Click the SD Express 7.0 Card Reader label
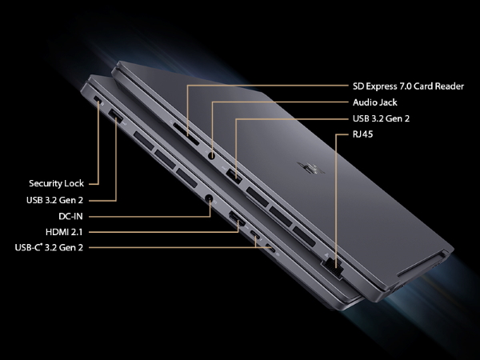[x=408, y=86]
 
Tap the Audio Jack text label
[x=374, y=102]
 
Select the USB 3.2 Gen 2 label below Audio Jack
[x=381, y=118]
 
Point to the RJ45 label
[x=362, y=134]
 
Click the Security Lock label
[x=56, y=183]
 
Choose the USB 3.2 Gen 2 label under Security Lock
[x=54, y=200]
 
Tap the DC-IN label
[x=70, y=217]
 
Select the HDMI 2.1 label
[x=64, y=232]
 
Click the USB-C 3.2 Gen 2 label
[x=49, y=247]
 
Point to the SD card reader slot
[x=186, y=134]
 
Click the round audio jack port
[x=211, y=155]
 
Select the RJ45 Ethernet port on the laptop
[x=332, y=269]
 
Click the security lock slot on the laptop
[x=98, y=98]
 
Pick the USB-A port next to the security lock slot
[x=116, y=115]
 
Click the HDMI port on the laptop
[x=238, y=219]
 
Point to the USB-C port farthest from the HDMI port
[x=270, y=248]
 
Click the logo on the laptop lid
[x=310, y=168]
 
